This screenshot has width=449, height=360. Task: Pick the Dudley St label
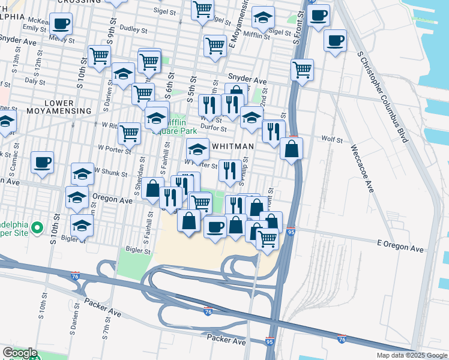click(134, 29)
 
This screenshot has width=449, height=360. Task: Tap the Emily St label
click(34, 28)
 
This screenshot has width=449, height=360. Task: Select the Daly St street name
click(35, 80)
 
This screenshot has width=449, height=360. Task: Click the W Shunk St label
click(110, 173)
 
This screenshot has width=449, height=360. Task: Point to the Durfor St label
click(214, 128)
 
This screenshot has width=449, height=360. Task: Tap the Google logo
click(19, 353)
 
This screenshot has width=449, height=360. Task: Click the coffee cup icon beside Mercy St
click(59, 24)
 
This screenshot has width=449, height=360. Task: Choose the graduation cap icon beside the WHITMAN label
click(197, 148)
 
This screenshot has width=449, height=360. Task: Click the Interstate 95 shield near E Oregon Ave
click(291, 232)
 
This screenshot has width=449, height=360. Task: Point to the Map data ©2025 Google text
click(412, 355)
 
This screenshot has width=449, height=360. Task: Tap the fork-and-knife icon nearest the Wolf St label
click(274, 131)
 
